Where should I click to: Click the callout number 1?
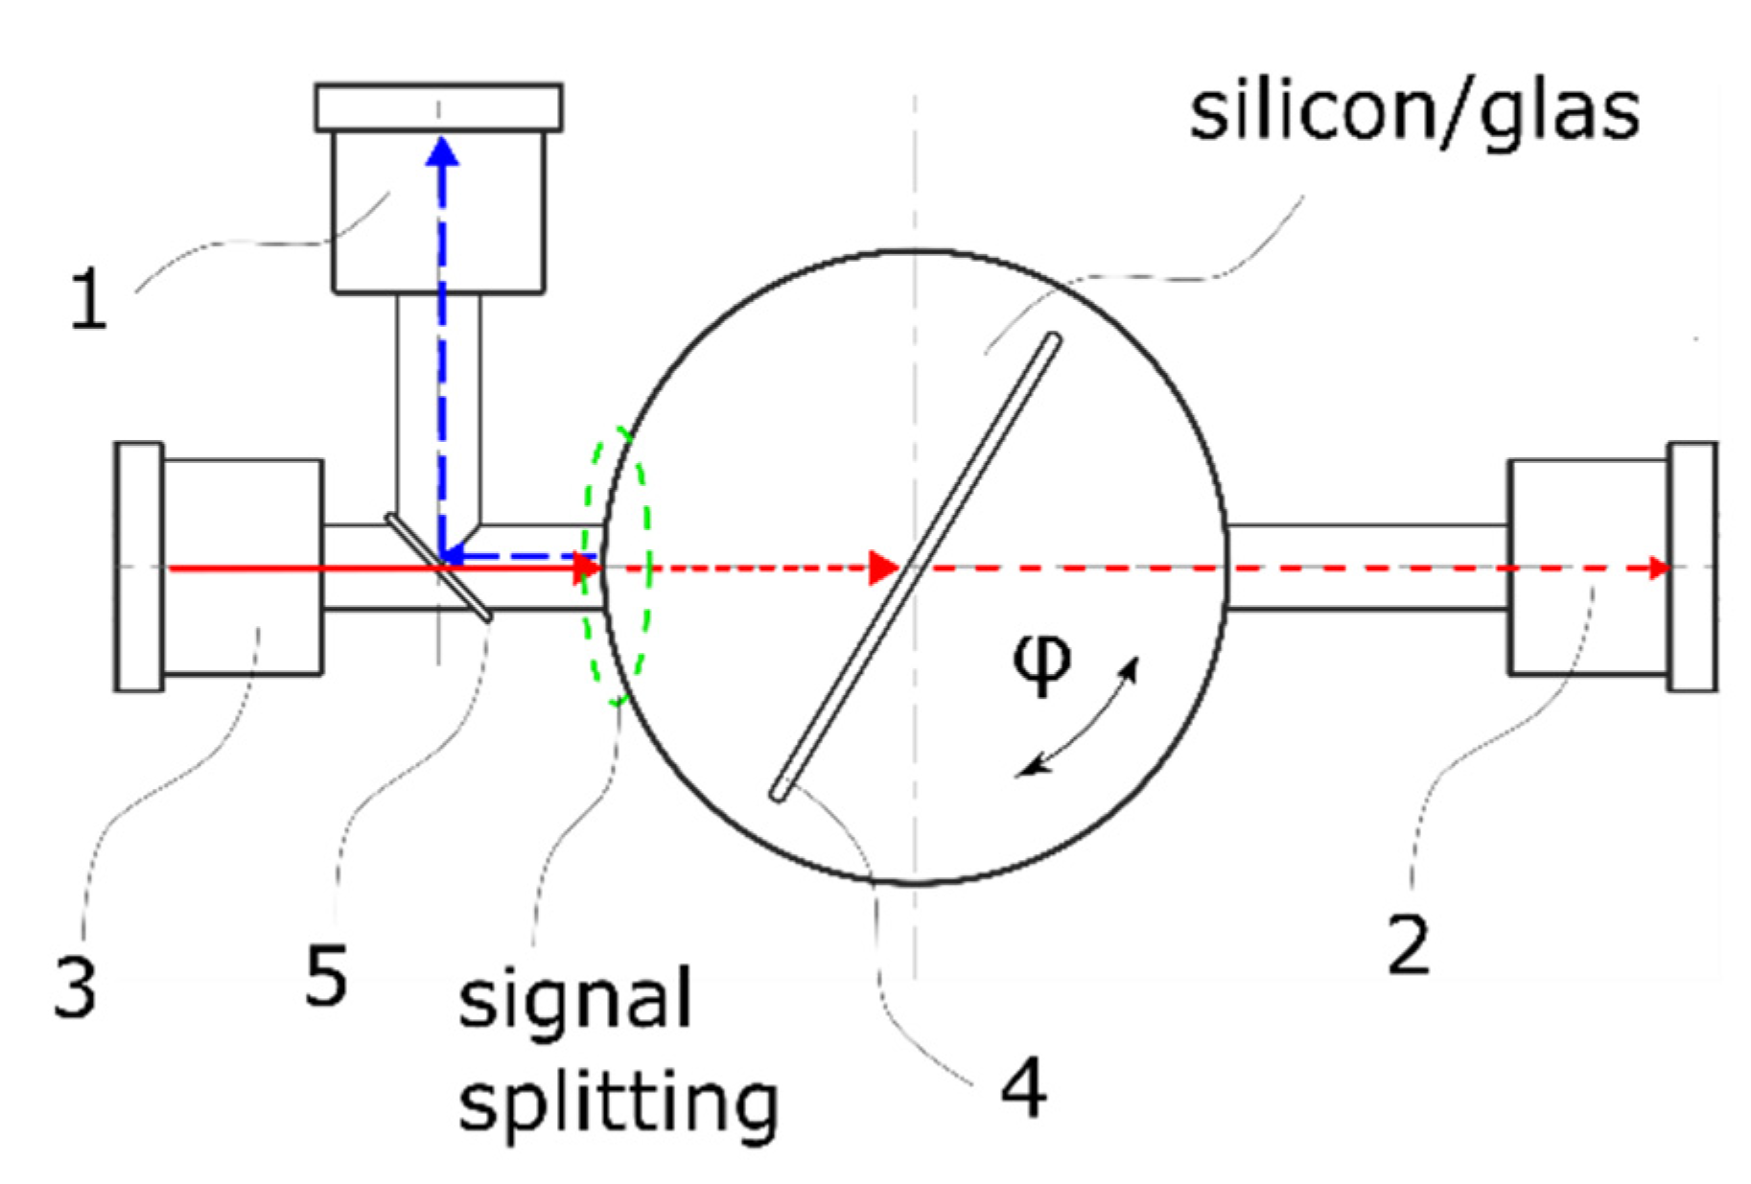point(89,300)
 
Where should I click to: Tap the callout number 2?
point(1408,945)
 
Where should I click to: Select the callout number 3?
point(75,987)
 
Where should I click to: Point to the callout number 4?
point(1023,1089)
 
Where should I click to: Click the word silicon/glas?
point(1413,113)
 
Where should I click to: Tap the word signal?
point(574,1000)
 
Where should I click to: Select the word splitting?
point(618,1104)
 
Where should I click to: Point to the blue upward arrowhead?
point(442,152)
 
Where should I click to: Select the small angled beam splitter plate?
point(439,567)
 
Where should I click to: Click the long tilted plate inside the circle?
point(916,566)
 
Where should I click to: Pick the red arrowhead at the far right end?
point(1658,568)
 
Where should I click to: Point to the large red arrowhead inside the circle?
point(882,568)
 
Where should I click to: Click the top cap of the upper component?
point(438,107)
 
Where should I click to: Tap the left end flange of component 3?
point(139,566)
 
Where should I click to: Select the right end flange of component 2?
point(1692,566)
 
